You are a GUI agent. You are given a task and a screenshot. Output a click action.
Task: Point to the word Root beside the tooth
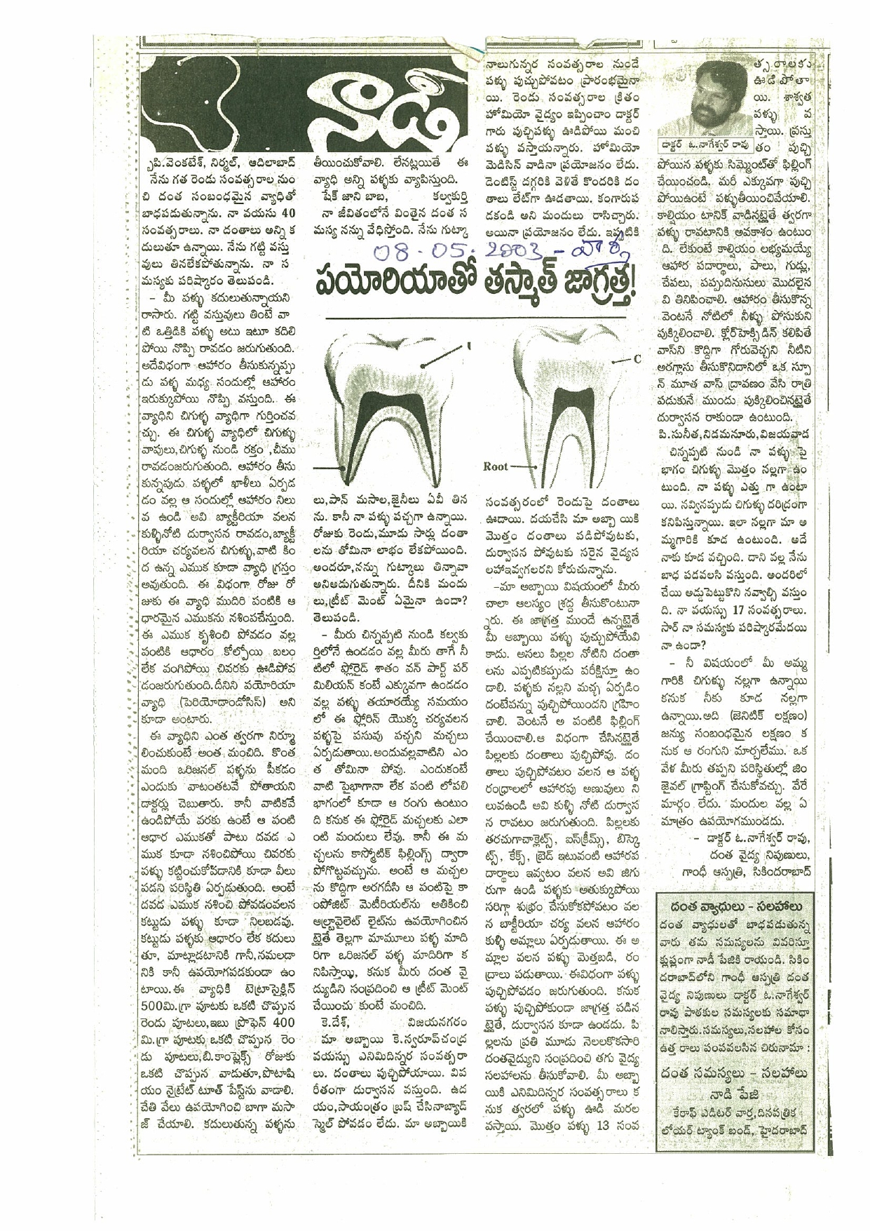(496, 465)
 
